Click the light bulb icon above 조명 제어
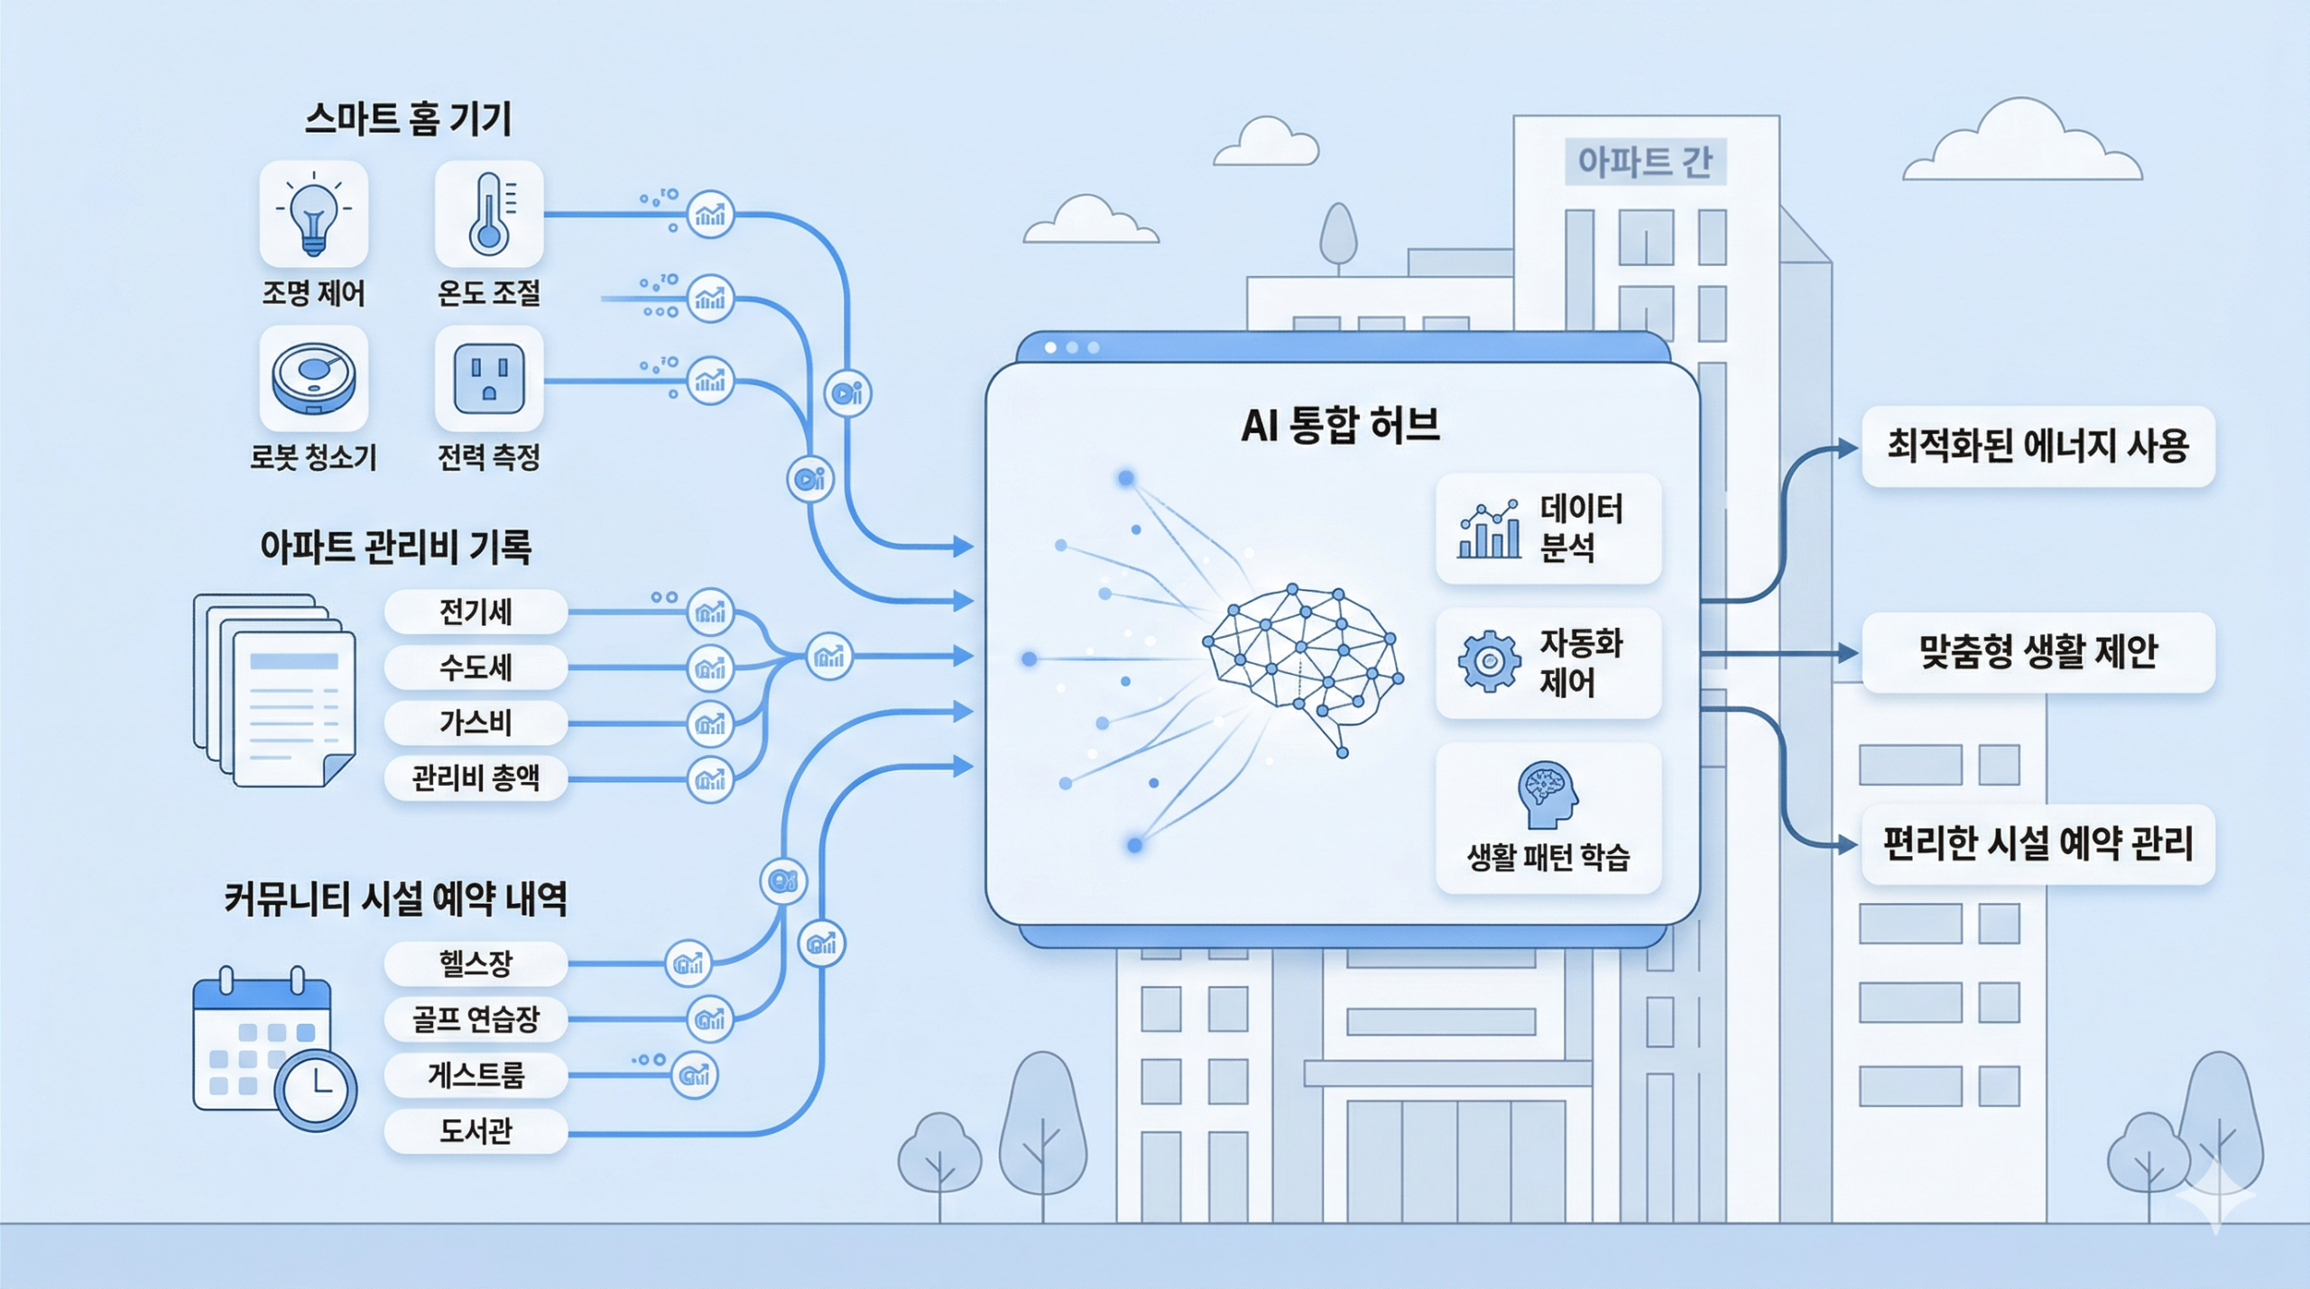point(313,214)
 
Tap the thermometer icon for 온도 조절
point(488,214)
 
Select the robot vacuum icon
point(313,378)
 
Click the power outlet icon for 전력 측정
point(488,379)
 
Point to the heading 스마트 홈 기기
point(408,119)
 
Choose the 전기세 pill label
point(476,612)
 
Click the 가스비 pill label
point(476,723)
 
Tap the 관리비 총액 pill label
point(476,778)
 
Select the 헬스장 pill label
point(476,963)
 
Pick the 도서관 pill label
point(476,1130)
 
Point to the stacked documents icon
point(274,689)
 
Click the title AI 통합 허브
point(1340,425)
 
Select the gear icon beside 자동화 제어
point(1489,662)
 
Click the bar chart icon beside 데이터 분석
point(1489,529)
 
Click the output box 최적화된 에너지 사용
point(2037,447)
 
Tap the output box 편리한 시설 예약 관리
point(2037,844)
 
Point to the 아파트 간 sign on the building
point(1644,162)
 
